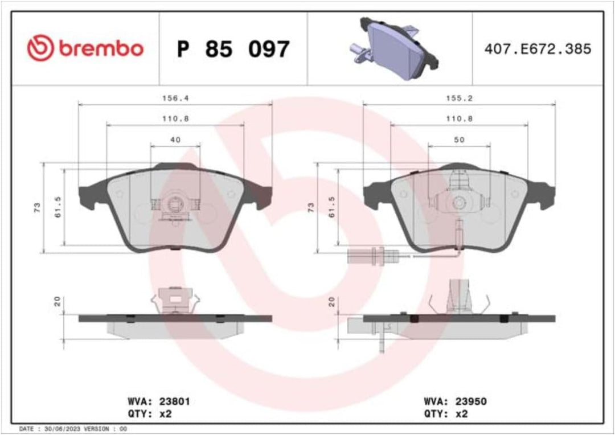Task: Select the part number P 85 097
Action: pos(233,50)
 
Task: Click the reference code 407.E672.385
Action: pos(538,49)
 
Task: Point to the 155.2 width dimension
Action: pos(459,98)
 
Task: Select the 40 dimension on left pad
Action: pos(175,139)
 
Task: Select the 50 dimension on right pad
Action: pos(459,139)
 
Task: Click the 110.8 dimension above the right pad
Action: pos(459,119)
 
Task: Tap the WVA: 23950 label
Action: pos(455,401)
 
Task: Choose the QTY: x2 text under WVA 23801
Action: pos(149,414)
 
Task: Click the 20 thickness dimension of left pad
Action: pos(56,301)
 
